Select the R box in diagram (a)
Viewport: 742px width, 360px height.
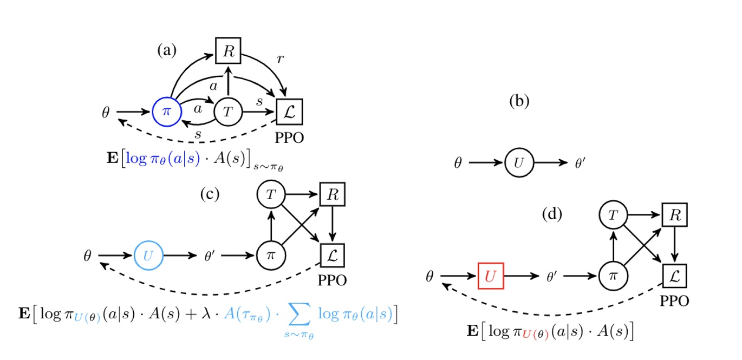(228, 53)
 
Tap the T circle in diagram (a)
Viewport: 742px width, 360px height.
(228, 112)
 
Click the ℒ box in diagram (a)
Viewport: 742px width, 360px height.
(289, 112)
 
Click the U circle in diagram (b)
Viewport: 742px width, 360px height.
(518, 162)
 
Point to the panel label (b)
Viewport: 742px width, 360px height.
(519, 101)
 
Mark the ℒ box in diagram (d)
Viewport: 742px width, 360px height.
(674, 276)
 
